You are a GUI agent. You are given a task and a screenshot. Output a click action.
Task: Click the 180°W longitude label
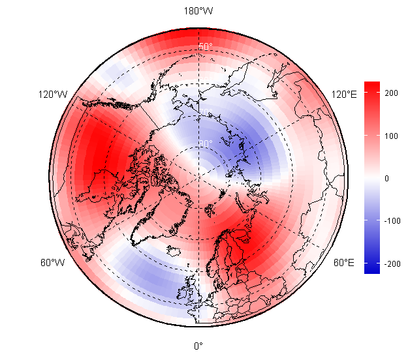pyautogui.click(x=198, y=11)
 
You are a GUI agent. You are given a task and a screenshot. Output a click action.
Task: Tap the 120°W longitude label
pyautogui.click(x=52, y=95)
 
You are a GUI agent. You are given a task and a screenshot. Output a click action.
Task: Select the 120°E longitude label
pyautogui.click(x=344, y=95)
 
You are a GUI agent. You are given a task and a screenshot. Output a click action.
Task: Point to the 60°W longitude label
pyautogui.click(x=52, y=263)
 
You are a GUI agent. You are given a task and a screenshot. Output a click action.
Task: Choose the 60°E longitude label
pyautogui.click(x=344, y=263)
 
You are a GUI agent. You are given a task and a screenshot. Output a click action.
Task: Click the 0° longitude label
pyautogui.click(x=198, y=346)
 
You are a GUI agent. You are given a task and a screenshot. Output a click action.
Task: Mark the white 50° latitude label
pyautogui.click(x=206, y=47)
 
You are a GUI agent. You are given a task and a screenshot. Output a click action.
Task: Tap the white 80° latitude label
pyautogui.click(x=206, y=143)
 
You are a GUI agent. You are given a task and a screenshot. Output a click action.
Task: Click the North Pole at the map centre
pyautogui.click(x=198, y=178)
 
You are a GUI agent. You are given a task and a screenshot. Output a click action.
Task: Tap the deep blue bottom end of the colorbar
pyautogui.click(x=371, y=269)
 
